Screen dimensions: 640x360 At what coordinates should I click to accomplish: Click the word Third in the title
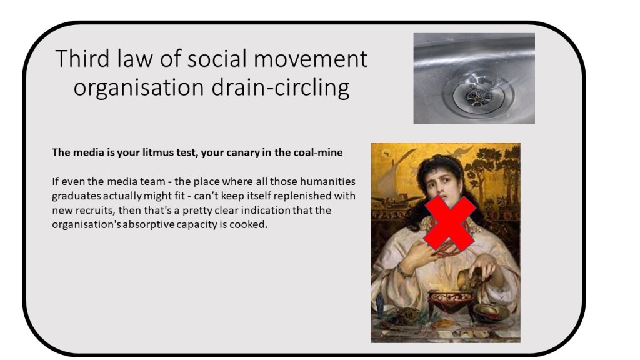(82, 59)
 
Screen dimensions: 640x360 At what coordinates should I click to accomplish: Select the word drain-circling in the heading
(281, 87)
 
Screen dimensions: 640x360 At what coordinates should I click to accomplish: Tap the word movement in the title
(311, 59)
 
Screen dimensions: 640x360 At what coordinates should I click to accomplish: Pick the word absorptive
(149, 225)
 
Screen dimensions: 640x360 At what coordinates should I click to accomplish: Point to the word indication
(267, 211)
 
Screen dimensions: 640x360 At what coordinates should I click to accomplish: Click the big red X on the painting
(450, 223)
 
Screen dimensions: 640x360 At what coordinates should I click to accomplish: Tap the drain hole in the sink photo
(479, 96)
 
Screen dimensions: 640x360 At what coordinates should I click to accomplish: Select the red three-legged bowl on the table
(450, 304)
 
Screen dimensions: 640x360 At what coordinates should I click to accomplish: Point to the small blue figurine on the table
(380, 306)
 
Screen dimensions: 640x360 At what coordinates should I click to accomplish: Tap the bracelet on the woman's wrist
(404, 271)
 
